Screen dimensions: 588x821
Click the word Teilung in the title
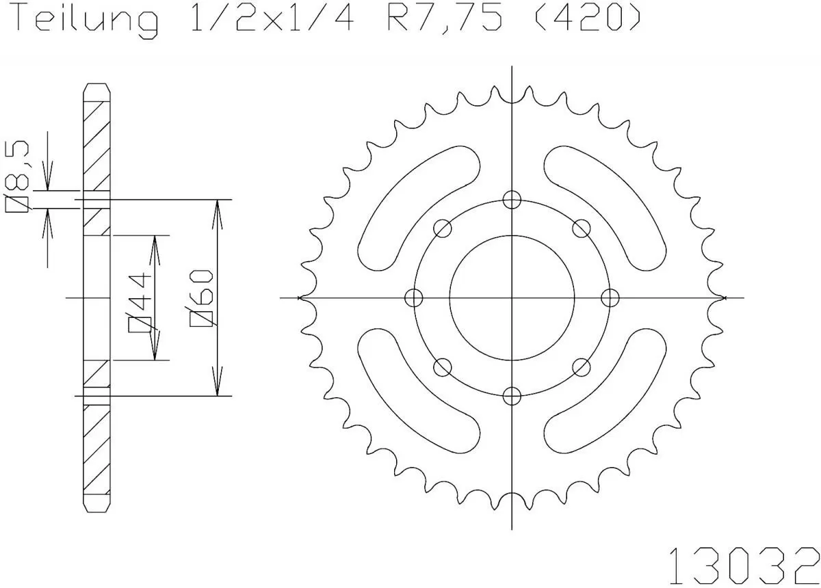coord(86,21)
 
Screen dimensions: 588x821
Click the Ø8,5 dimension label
coord(18,175)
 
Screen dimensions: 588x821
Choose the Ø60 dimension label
coord(204,298)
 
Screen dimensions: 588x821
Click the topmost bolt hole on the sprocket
coord(512,200)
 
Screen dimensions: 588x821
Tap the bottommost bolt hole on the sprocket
coord(512,395)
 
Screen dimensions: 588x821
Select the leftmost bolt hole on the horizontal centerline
coord(414,297)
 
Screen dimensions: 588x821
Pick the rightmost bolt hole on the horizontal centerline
coord(610,297)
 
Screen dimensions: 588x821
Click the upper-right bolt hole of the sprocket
coord(582,228)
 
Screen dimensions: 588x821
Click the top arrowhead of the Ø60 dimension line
coord(218,208)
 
